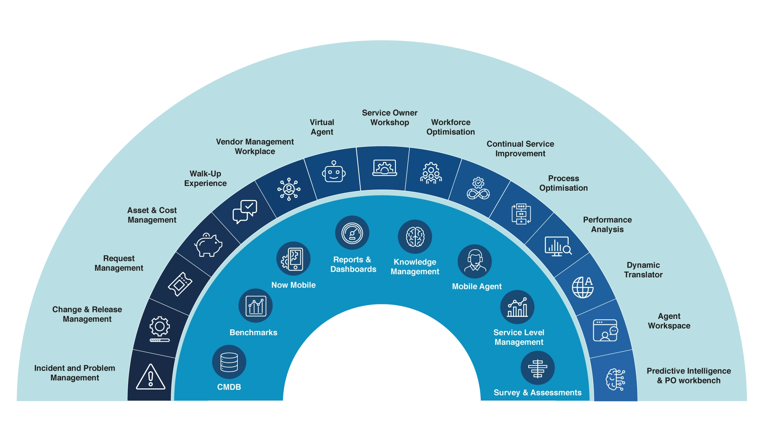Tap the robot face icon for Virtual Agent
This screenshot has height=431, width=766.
coord(334,172)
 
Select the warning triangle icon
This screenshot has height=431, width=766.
coord(150,377)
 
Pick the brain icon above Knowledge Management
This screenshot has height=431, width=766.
coord(415,237)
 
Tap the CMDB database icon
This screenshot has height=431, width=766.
coord(229,362)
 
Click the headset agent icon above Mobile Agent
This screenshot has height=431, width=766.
coord(475,261)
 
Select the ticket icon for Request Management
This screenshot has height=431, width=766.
coord(180,284)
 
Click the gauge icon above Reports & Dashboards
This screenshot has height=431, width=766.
coord(352,233)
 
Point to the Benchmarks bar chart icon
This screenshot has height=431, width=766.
coord(255,306)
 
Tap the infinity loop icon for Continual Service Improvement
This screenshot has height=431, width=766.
coord(478,189)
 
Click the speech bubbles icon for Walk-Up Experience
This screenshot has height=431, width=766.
coord(245,212)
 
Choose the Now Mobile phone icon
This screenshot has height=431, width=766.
coord(293,259)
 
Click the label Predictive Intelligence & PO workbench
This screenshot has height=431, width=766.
coord(689,376)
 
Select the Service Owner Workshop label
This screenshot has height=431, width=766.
coord(389,118)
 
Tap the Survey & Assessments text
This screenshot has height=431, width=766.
coord(537,393)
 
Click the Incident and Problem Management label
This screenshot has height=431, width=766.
coord(75,373)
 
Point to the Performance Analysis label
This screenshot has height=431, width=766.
coord(607,224)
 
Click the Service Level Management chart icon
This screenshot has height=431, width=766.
coord(517,307)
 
